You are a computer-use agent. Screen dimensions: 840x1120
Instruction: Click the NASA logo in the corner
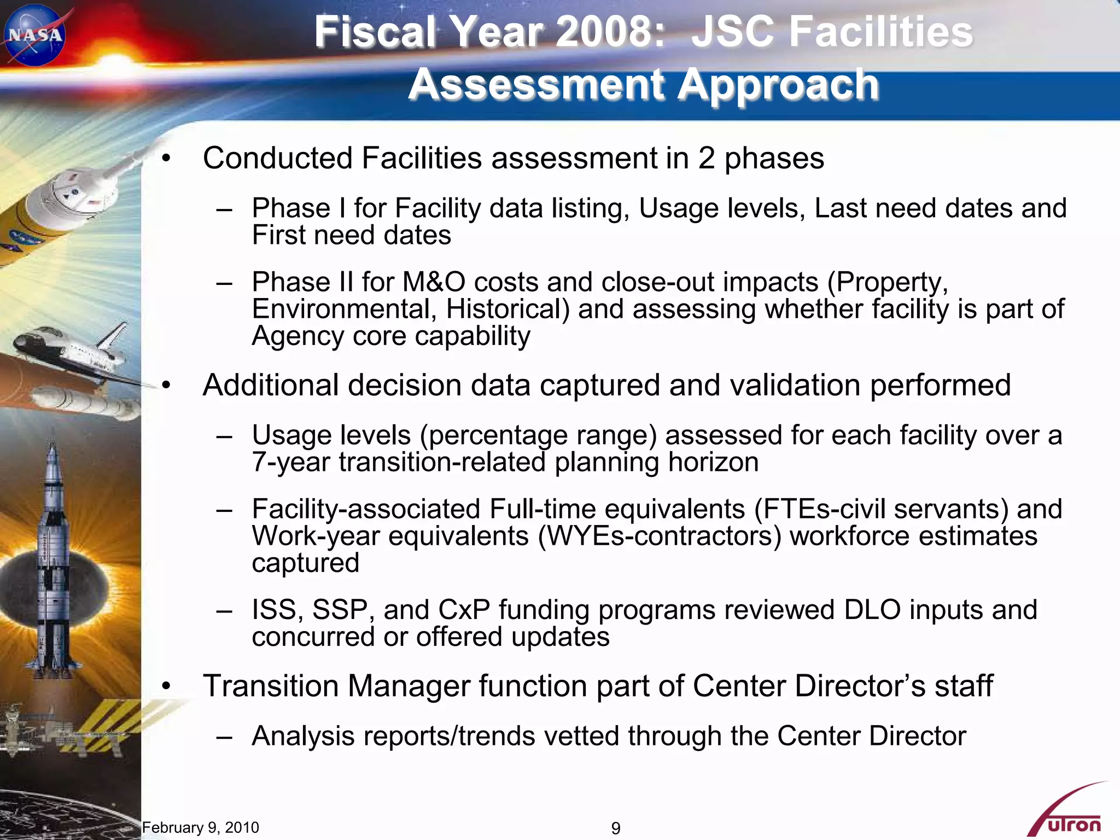pyautogui.click(x=34, y=35)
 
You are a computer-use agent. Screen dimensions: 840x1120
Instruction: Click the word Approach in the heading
pyautogui.click(x=778, y=85)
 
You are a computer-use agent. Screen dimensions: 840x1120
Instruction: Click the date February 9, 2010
pyautogui.click(x=200, y=827)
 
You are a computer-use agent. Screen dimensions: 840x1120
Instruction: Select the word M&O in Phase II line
pyautogui.click(x=434, y=282)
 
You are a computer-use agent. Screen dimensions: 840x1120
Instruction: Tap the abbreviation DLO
pyautogui.click(x=872, y=610)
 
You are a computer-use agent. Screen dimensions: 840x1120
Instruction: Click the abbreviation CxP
pyautogui.click(x=464, y=610)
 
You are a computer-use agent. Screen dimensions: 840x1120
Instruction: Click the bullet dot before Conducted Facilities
pyautogui.click(x=166, y=159)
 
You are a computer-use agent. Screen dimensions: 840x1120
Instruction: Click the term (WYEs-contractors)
pyautogui.click(x=659, y=536)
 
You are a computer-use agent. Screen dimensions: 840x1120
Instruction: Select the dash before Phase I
pyautogui.click(x=224, y=209)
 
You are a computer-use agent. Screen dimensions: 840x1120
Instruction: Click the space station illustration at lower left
pyautogui.click(x=60, y=730)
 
